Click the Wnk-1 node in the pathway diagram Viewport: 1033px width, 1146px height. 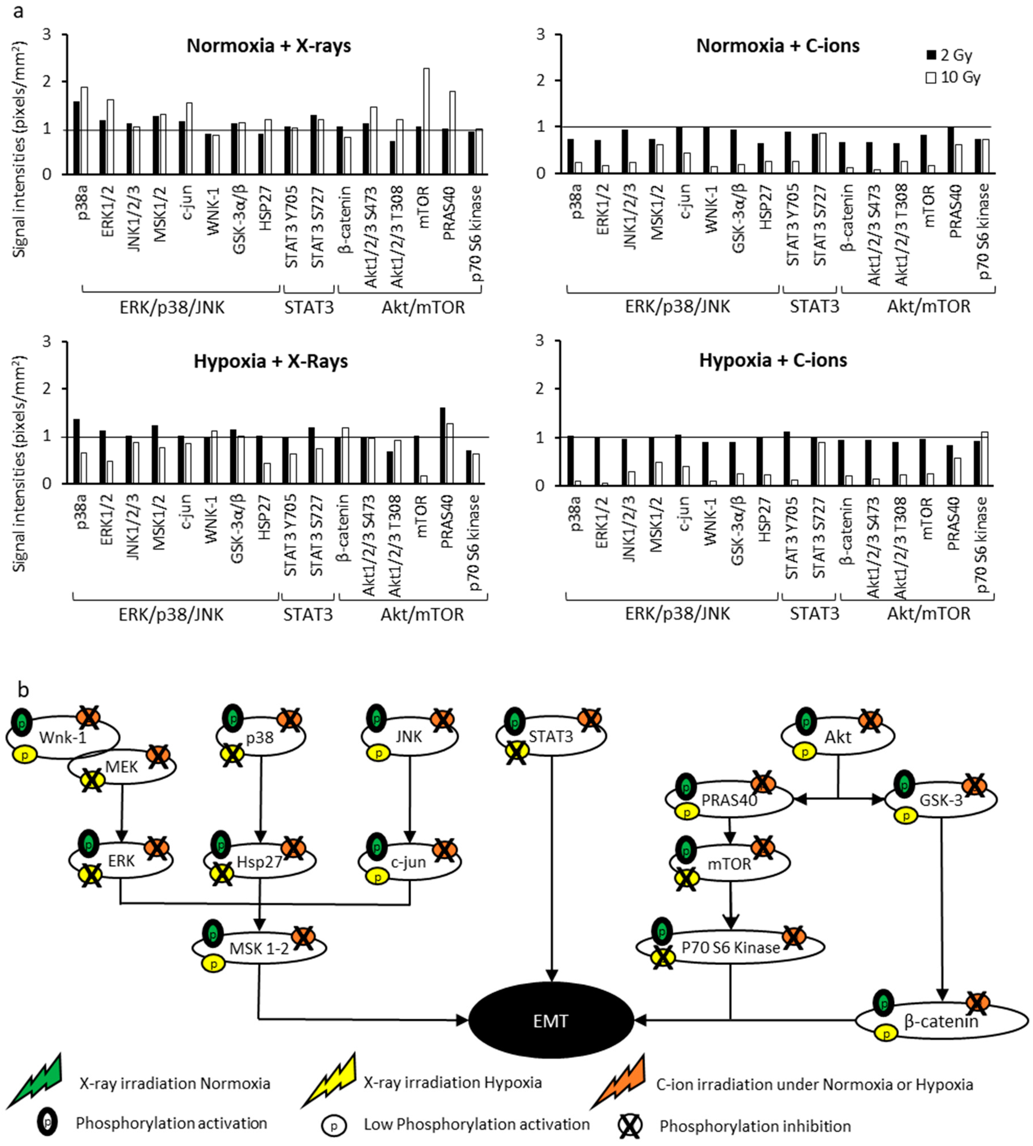click(62, 737)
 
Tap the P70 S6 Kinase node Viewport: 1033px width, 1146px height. click(731, 947)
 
